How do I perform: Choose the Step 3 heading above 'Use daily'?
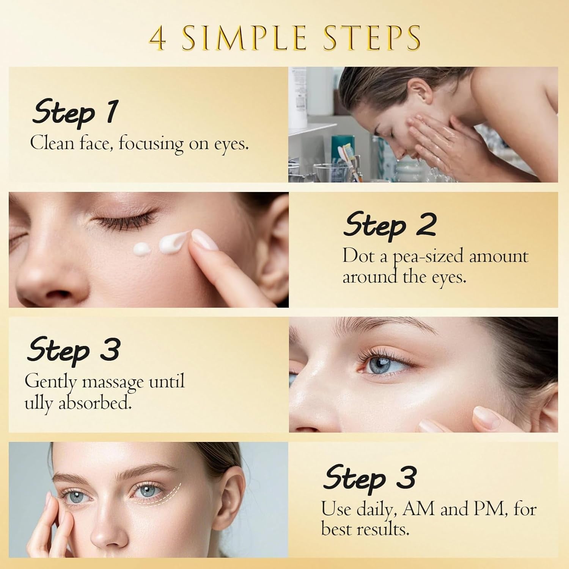click(x=369, y=478)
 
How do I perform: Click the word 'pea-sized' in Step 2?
click(x=428, y=257)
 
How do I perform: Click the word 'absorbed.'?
click(x=95, y=403)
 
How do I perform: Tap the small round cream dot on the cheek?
click(x=141, y=249)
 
